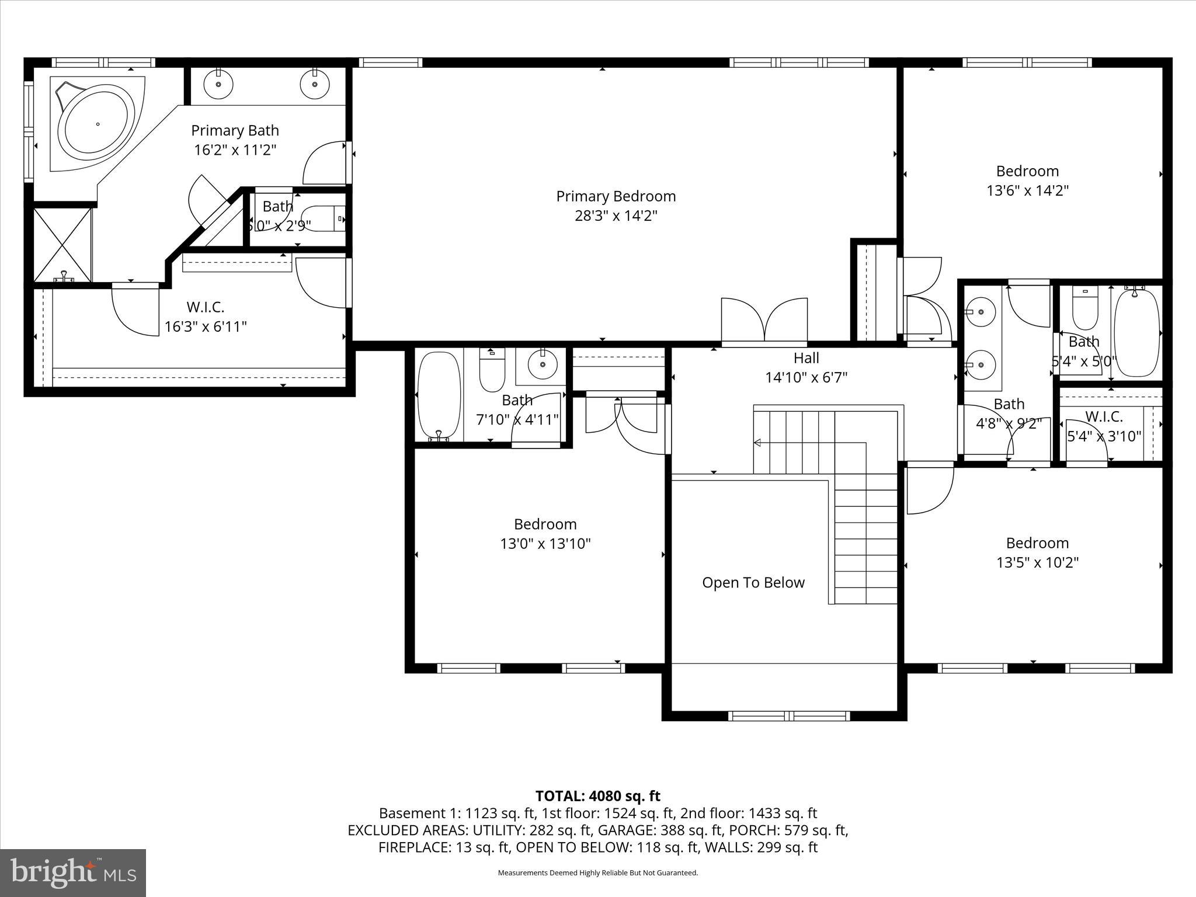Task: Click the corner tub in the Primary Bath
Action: click(97, 124)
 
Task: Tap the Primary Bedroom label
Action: click(616, 196)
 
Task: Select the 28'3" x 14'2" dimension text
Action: click(616, 216)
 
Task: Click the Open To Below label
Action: click(753, 582)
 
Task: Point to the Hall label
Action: click(806, 358)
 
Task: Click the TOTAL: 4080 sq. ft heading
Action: click(597, 796)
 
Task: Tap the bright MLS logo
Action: click(73, 872)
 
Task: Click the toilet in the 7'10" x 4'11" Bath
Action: click(492, 370)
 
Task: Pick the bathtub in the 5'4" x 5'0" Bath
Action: click(1136, 333)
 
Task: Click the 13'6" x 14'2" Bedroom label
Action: click(1027, 171)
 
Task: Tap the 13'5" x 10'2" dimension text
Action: click(1037, 562)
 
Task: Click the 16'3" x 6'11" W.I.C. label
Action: click(206, 307)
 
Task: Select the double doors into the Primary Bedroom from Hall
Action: click(764, 321)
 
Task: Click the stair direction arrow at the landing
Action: click(757, 443)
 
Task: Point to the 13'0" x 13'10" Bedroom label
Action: click(545, 524)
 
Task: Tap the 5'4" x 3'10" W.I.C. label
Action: click(1104, 417)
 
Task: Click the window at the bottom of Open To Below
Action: click(789, 716)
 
